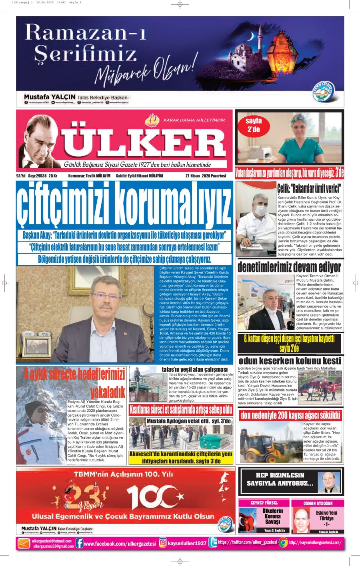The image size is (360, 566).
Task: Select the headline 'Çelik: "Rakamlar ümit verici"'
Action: coord(309,188)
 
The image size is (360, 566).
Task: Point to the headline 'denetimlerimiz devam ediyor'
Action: coord(289,267)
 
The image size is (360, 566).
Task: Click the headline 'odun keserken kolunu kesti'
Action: coord(290,361)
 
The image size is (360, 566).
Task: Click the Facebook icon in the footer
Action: coord(80,543)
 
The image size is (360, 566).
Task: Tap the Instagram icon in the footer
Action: coord(163,543)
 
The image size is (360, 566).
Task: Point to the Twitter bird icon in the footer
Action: coord(213,543)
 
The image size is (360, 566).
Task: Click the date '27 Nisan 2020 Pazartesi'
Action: coord(206,176)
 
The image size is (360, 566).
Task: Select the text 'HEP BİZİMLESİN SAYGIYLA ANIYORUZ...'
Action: coord(278,480)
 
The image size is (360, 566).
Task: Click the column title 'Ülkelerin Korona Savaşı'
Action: coord(272,516)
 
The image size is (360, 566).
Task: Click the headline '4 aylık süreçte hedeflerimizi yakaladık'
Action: coord(74,381)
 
